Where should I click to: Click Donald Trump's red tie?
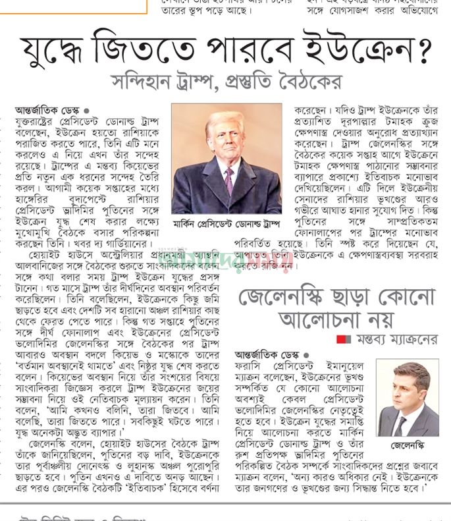point(228,178)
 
